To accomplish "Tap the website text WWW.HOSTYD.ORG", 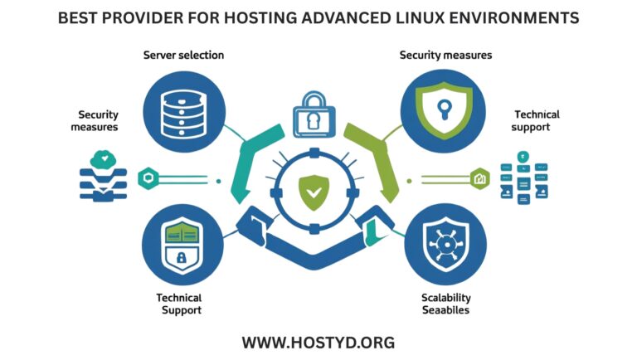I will [x=318, y=342].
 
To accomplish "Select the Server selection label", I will [x=183, y=55].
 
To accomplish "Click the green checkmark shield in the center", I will [x=313, y=193].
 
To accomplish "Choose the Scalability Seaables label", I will [x=445, y=304].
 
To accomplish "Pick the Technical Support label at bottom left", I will [x=178, y=304].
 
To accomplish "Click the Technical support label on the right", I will [x=537, y=121].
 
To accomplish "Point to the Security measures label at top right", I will [x=445, y=55].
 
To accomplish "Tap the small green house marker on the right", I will [x=479, y=177].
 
